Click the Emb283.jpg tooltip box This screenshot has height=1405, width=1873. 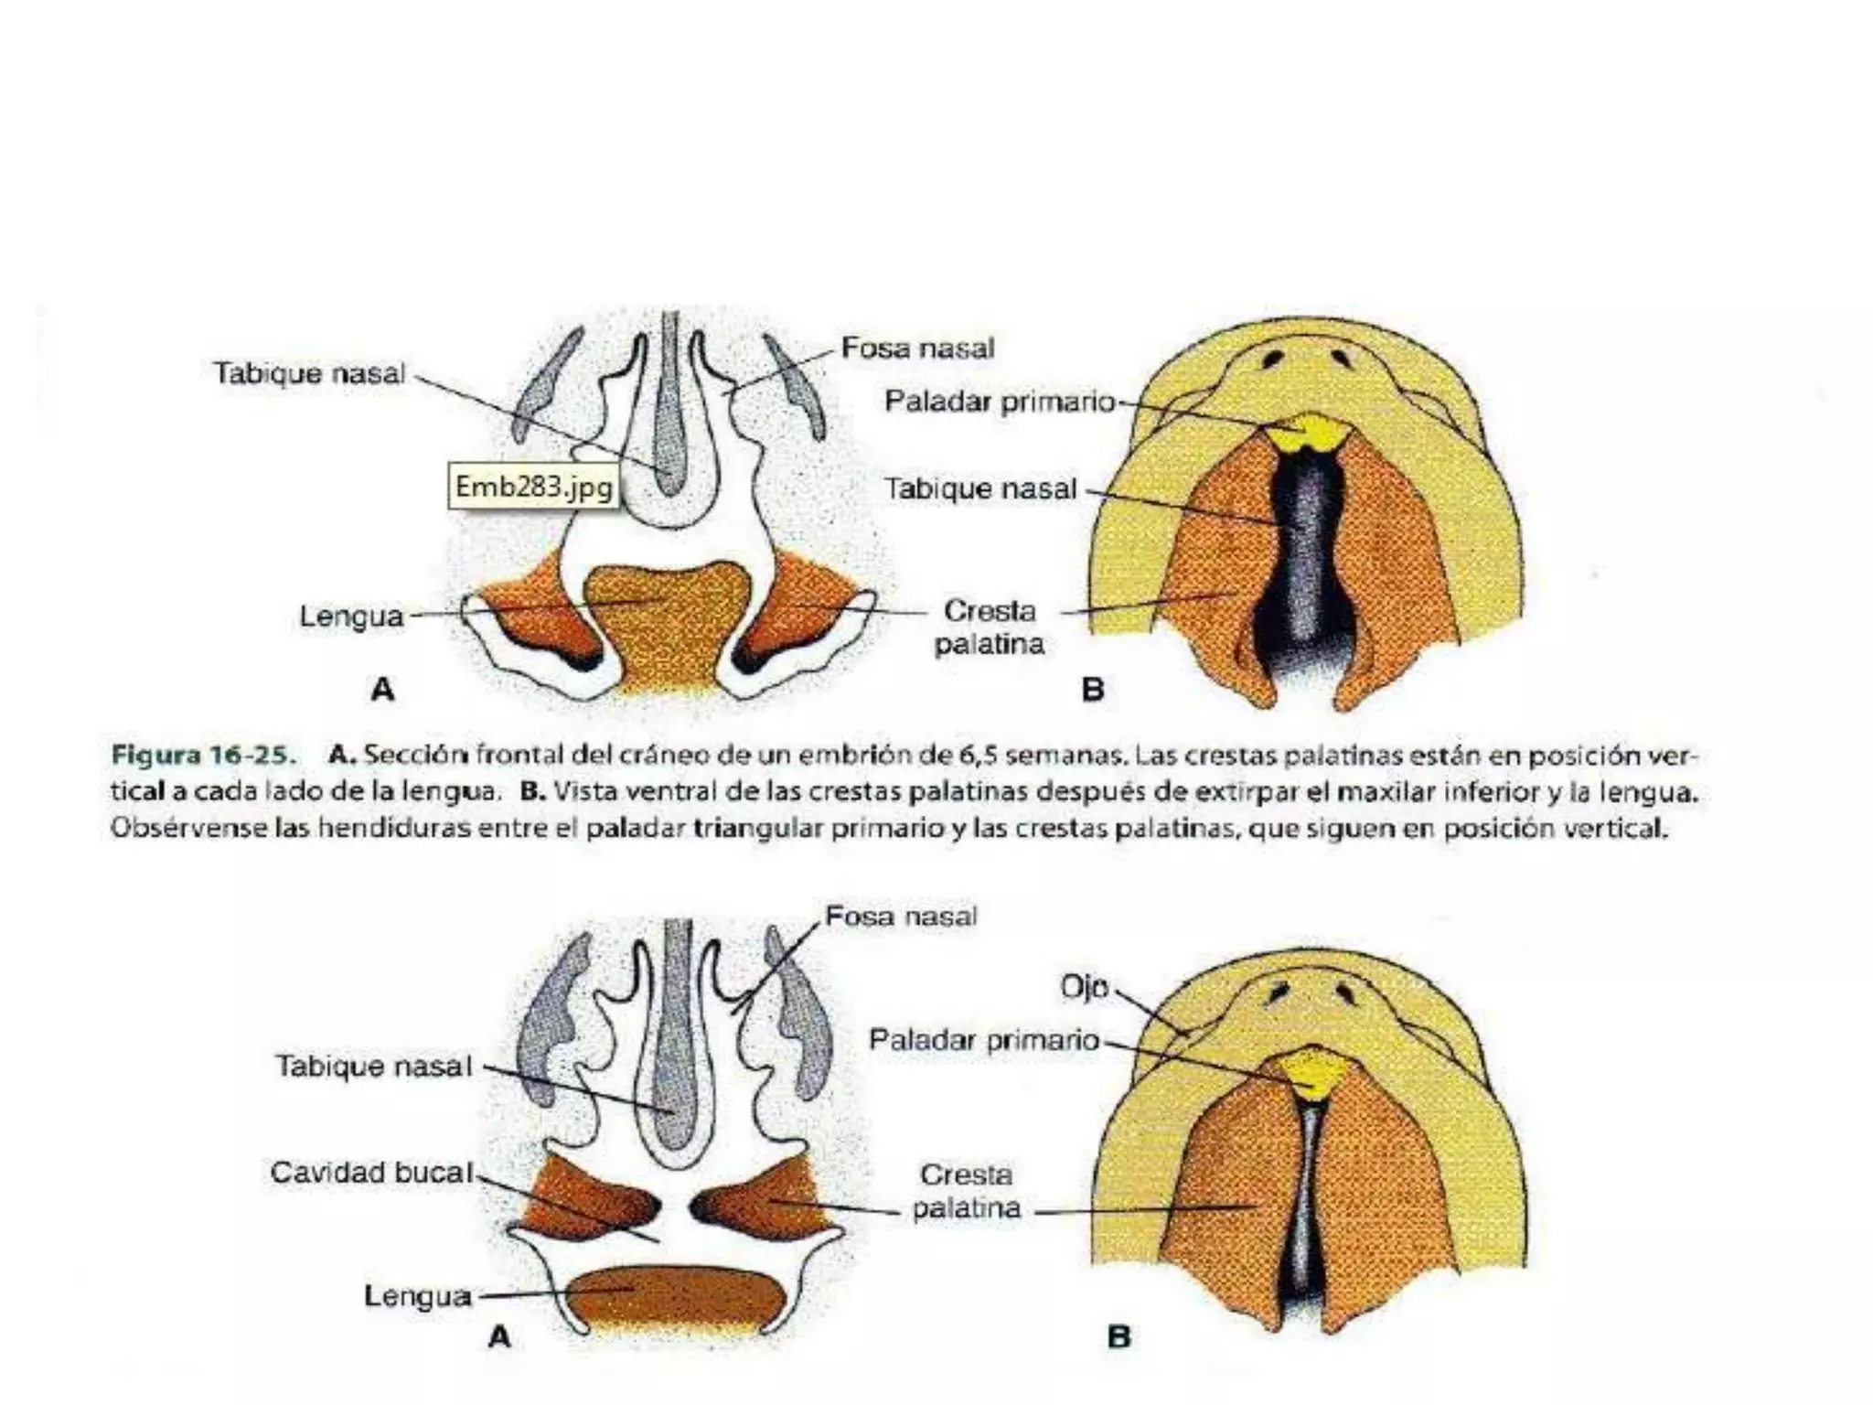tap(533, 487)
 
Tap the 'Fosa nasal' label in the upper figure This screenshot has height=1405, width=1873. tap(917, 349)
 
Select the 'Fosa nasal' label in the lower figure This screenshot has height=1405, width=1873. tap(901, 917)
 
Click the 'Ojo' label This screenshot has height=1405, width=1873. tap(1085, 987)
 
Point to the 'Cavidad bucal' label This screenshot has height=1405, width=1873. tap(372, 1172)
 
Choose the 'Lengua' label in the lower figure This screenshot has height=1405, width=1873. tap(418, 1296)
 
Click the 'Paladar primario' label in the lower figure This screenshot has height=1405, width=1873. tap(984, 1040)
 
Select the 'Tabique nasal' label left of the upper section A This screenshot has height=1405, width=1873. tap(308, 373)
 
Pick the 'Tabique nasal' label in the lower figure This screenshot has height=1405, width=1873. tap(373, 1067)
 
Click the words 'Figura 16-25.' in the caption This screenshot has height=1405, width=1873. tap(204, 756)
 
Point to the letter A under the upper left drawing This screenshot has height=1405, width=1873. tap(383, 689)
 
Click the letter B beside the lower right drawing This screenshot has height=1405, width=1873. tap(1118, 1337)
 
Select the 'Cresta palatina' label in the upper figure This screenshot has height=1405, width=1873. tap(990, 627)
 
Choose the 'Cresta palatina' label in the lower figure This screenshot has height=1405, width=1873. tap(967, 1191)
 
